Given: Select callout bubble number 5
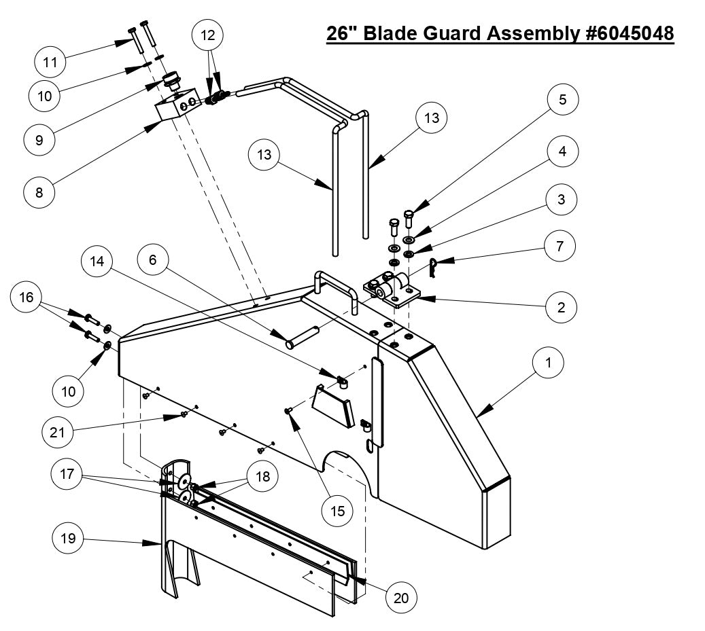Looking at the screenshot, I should point(562,99).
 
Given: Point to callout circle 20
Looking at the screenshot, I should point(400,598).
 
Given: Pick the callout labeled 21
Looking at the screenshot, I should point(58,430).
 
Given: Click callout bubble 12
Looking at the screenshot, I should point(208,34).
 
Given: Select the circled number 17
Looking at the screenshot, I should point(69,475).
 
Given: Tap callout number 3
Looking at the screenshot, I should point(562,200).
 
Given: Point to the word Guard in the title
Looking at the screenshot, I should point(446,33).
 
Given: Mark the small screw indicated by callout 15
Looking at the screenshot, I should point(289,410).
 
